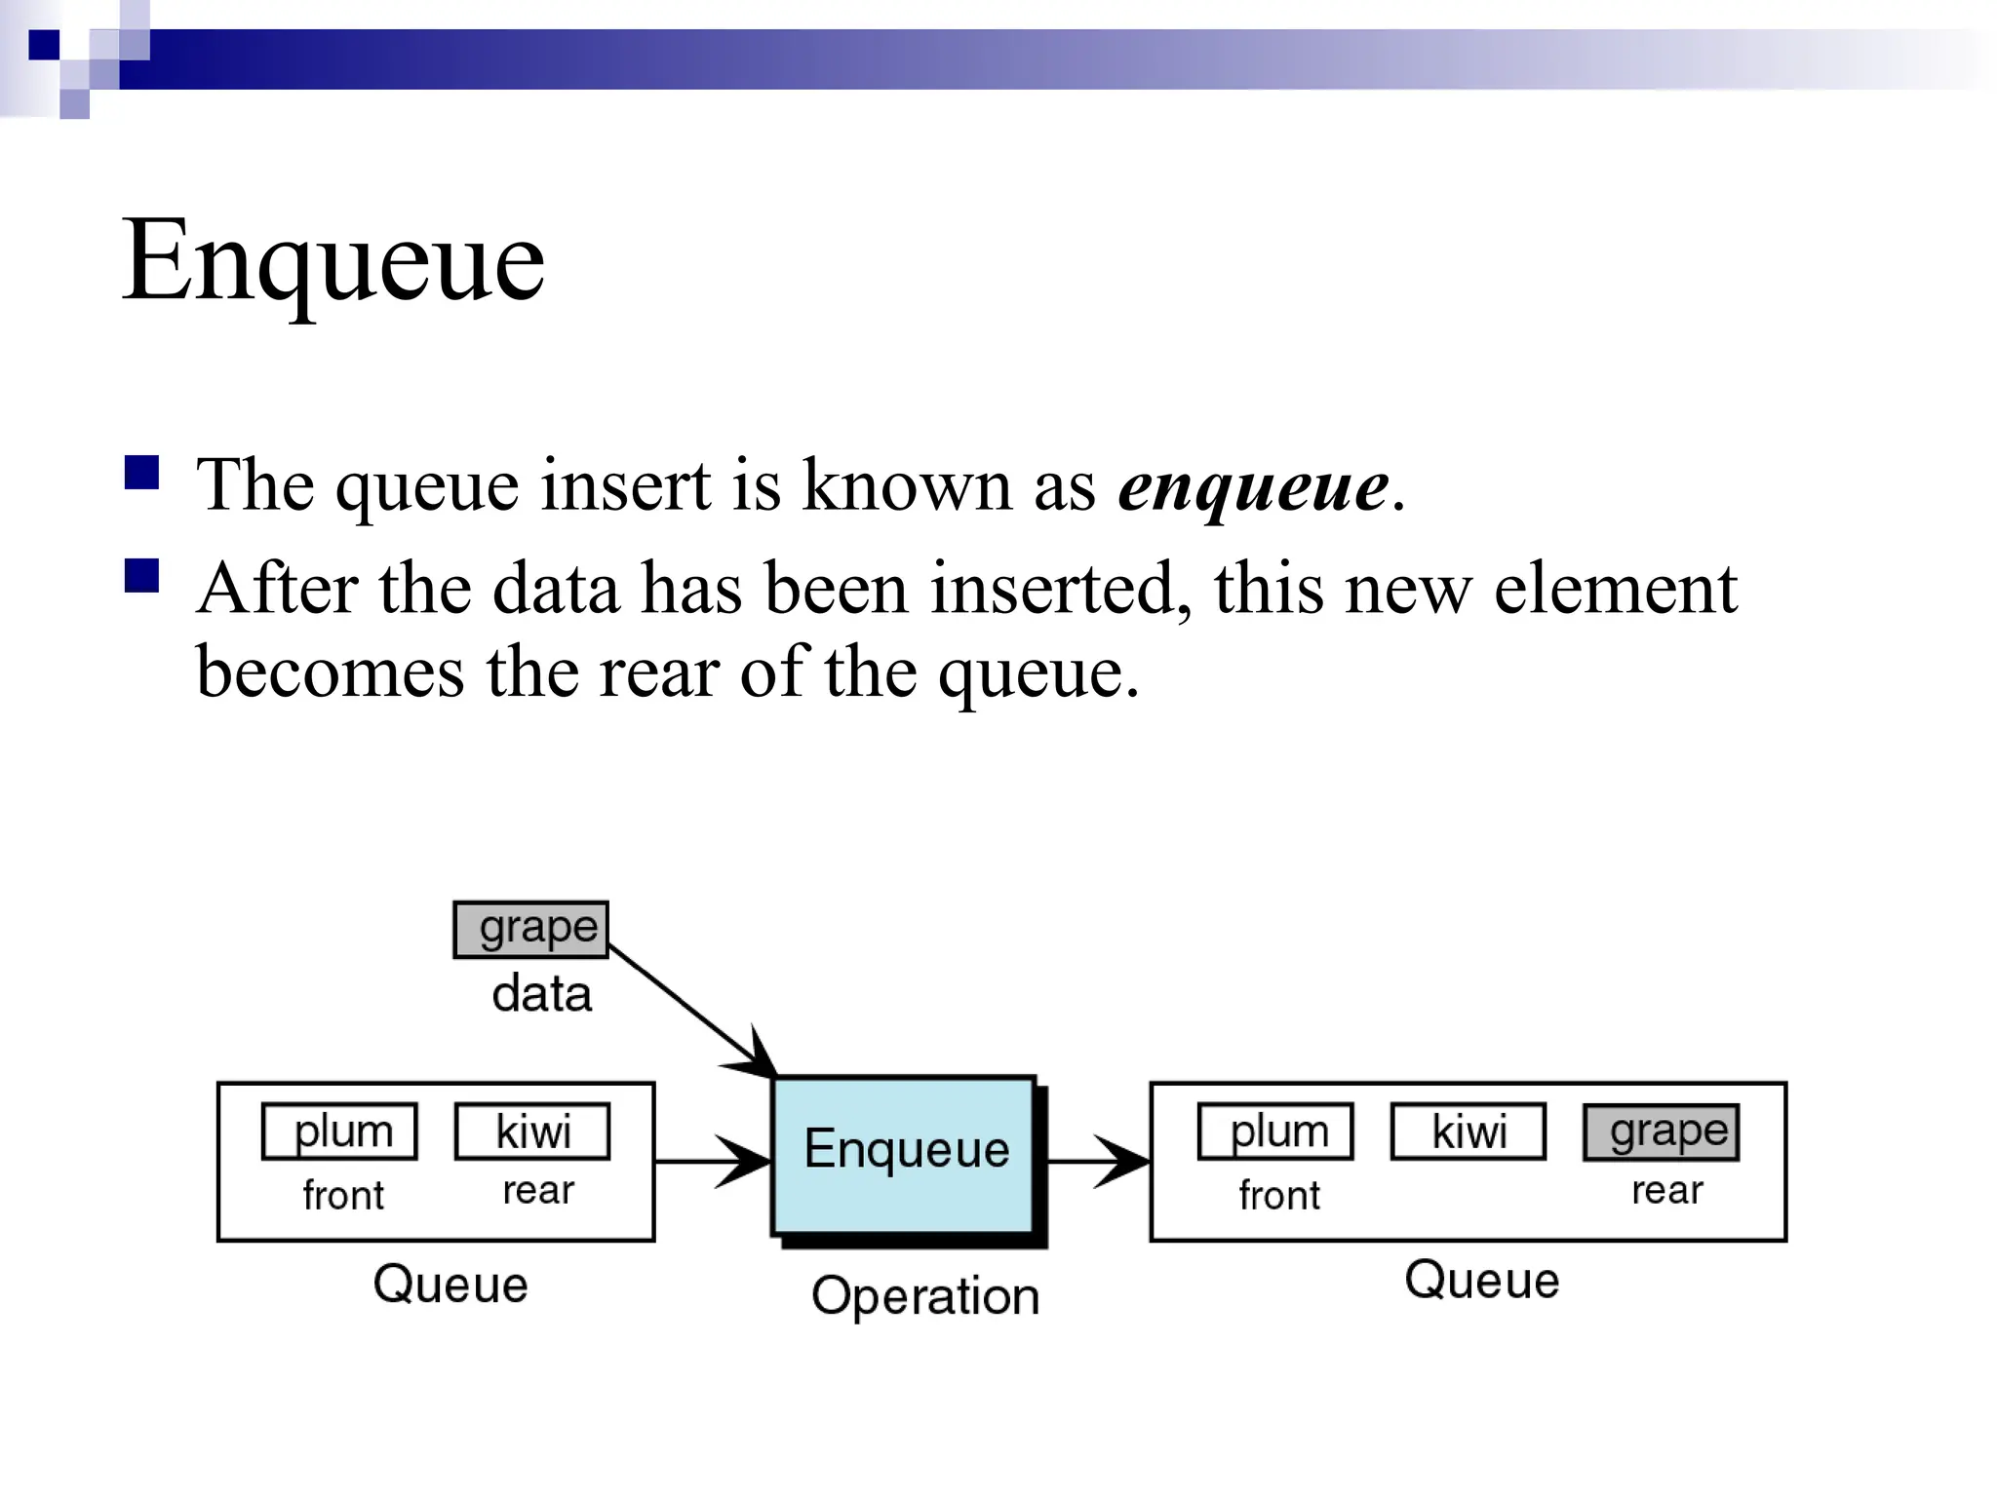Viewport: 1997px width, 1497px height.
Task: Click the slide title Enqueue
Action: click(x=333, y=261)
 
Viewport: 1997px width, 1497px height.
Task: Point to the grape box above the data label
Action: click(x=531, y=930)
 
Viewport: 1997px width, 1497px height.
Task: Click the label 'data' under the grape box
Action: click(x=542, y=995)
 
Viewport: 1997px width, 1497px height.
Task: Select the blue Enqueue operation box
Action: click(x=904, y=1155)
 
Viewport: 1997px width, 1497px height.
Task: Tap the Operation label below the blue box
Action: click(x=925, y=1297)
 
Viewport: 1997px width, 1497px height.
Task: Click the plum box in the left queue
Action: click(x=340, y=1132)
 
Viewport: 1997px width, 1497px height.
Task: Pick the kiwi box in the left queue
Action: click(x=532, y=1132)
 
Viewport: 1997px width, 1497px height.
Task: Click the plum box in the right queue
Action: click(x=1275, y=1132)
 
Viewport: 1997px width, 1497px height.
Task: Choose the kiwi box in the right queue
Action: click(x=1468, y=1132)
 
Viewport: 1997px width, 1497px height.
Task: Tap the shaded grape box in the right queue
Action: click(x=1662, y=1132)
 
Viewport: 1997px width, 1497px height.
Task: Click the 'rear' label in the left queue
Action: click(x=538, y=1191)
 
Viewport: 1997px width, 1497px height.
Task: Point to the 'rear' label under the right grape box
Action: click(x=1667, y=1191)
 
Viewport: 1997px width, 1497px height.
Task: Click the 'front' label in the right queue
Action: click(x=1279, y=1196)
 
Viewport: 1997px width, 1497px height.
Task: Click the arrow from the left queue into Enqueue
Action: click(x=713, y=1162)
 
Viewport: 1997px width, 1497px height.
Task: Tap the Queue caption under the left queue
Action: click(x=450, y=1285)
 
